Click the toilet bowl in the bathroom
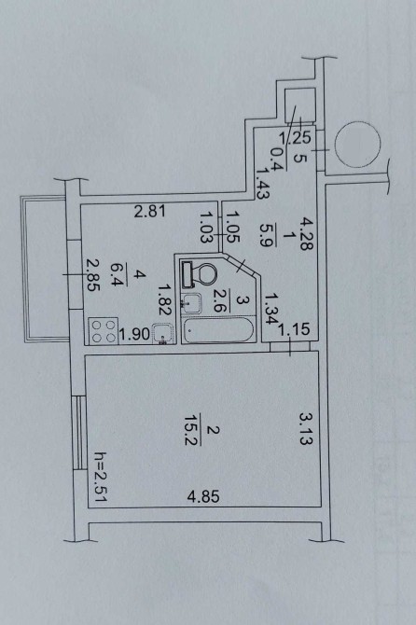tap(200, 274)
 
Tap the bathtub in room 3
tap(218, 330)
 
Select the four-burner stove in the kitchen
tap(104, 331)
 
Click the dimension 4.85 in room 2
tap(203, 496)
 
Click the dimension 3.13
tap(307, 428)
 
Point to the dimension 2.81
tap(150, 211)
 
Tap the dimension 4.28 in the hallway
tap(307, 233)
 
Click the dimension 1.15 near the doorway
tap(294, 329)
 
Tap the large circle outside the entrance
tap(357, 145)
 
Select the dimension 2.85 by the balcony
tap(93, 275)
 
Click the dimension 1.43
tap(263, 183)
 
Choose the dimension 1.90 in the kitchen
tap(134, 334)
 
